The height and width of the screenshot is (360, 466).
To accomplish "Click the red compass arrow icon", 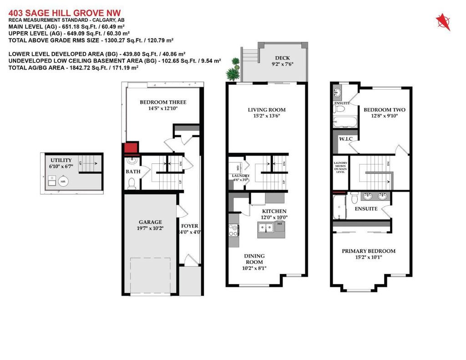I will point(442,21).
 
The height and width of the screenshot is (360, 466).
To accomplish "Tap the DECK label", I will point(283,58).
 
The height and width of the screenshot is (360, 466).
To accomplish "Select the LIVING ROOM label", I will point(267,110).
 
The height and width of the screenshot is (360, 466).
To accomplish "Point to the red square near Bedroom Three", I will point(131,148).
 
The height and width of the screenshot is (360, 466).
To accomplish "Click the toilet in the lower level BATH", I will point(131,183).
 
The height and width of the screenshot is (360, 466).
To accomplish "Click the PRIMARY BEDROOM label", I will point(369,251).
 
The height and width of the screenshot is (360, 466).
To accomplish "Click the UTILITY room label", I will point(61,160).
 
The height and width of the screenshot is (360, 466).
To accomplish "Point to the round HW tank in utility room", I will point(63,182).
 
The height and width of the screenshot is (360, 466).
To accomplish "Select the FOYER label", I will point(189,226).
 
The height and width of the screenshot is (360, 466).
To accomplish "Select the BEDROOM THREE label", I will point(162,102).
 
